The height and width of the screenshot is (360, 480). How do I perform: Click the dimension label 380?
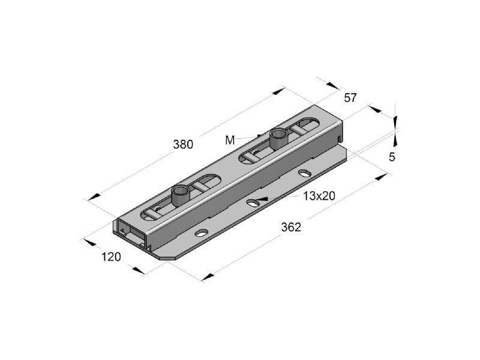[183, 144]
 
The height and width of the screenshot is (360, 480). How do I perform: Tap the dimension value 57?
[350, 98]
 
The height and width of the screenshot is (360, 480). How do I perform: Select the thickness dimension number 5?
[392, 157]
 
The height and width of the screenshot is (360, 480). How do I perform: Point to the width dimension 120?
[111, 257]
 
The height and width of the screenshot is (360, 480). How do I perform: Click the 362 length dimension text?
[291, 227]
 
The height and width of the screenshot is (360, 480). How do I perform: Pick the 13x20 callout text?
[319, 196]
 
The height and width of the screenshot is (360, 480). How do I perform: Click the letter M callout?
[230, 140]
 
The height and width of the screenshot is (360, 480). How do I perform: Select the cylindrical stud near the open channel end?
[181, 195]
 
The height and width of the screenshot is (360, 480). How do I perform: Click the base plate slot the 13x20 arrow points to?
[253, 202]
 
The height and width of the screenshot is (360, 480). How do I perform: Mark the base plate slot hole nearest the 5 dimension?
[305, 173]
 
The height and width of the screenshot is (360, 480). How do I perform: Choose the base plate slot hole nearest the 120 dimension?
[201, 233]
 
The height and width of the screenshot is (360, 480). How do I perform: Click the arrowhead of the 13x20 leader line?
[262, 199]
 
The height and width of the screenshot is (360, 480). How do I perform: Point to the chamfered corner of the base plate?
[167, 259]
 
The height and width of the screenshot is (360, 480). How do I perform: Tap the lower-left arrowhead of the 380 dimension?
[94, 197]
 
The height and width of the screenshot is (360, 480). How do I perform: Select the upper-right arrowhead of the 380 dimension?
[278, 91]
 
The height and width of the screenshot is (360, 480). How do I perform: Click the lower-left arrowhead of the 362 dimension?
[208, 277]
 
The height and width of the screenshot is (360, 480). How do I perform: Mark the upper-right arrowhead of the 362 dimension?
[382, 176]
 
